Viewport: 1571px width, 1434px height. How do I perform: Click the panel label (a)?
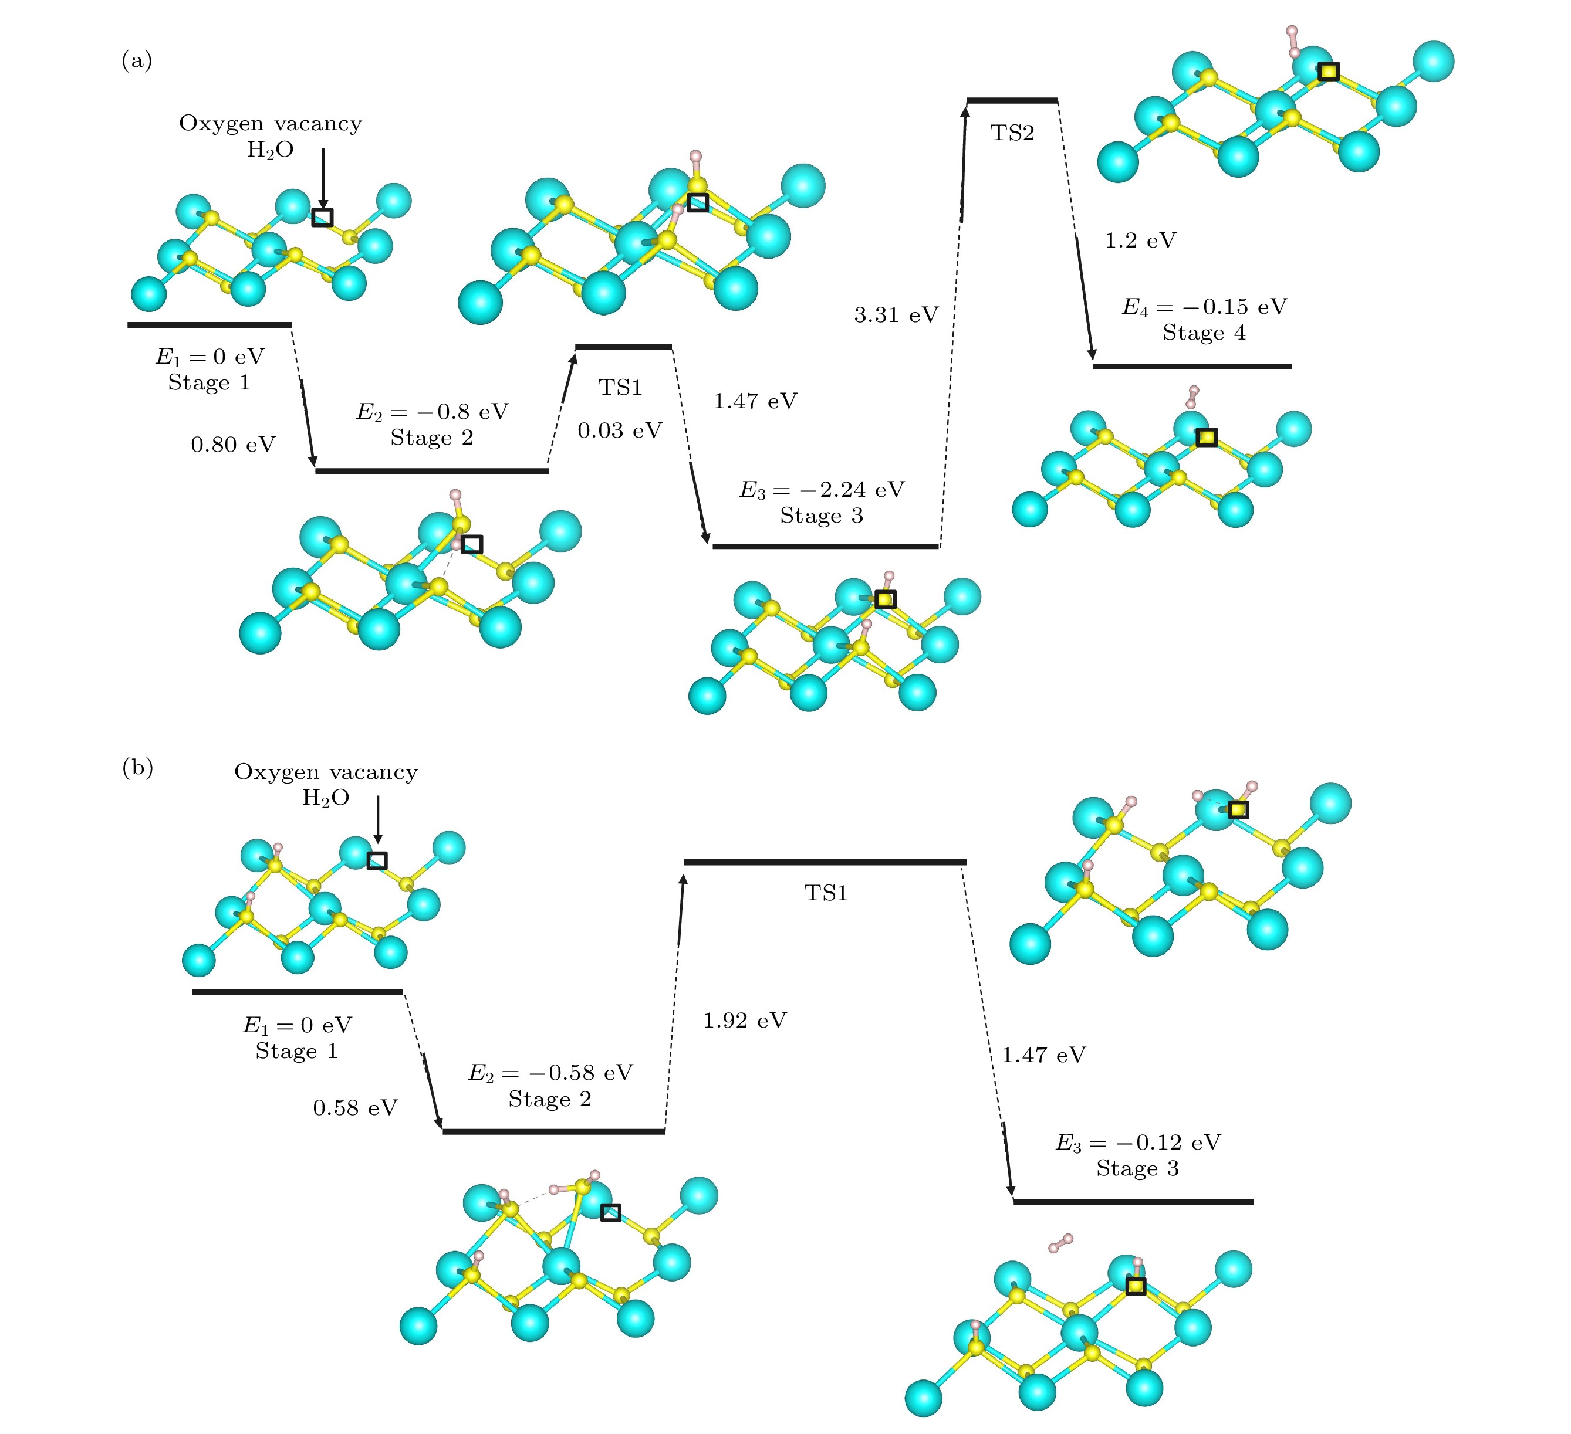(x=136, y=60)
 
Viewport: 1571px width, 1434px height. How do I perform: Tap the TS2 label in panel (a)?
(x=1012, y=133)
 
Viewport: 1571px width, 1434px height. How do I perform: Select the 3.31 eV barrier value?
(x=896, y=315)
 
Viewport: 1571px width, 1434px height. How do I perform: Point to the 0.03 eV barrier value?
(x=620, y=430)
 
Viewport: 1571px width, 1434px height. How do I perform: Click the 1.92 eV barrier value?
(x=745, y=1021)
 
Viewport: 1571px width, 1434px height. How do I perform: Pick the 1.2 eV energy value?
(x=1140, y=240)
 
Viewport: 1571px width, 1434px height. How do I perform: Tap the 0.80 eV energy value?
(x=233, y=445)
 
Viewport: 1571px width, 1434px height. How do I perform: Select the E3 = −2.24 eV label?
(x=822, y=490)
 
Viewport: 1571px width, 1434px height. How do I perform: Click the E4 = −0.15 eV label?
(x=1204, y=307)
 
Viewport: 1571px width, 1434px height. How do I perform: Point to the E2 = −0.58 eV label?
(x=550, y=1073)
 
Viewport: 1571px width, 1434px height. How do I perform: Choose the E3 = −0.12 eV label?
(x=1138, y=1143)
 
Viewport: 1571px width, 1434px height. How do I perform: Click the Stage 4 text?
(x=1204, y=333)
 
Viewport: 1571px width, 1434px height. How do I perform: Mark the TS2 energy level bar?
(x=1012, y=100)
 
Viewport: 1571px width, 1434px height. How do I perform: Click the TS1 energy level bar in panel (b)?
(x=825, y=862)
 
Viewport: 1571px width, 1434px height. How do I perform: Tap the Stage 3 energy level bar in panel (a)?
(x=825, y=546)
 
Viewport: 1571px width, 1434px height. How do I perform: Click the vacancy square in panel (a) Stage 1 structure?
(x=322, y=218)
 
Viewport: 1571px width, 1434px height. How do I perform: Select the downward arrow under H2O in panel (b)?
(x=377, y=818)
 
